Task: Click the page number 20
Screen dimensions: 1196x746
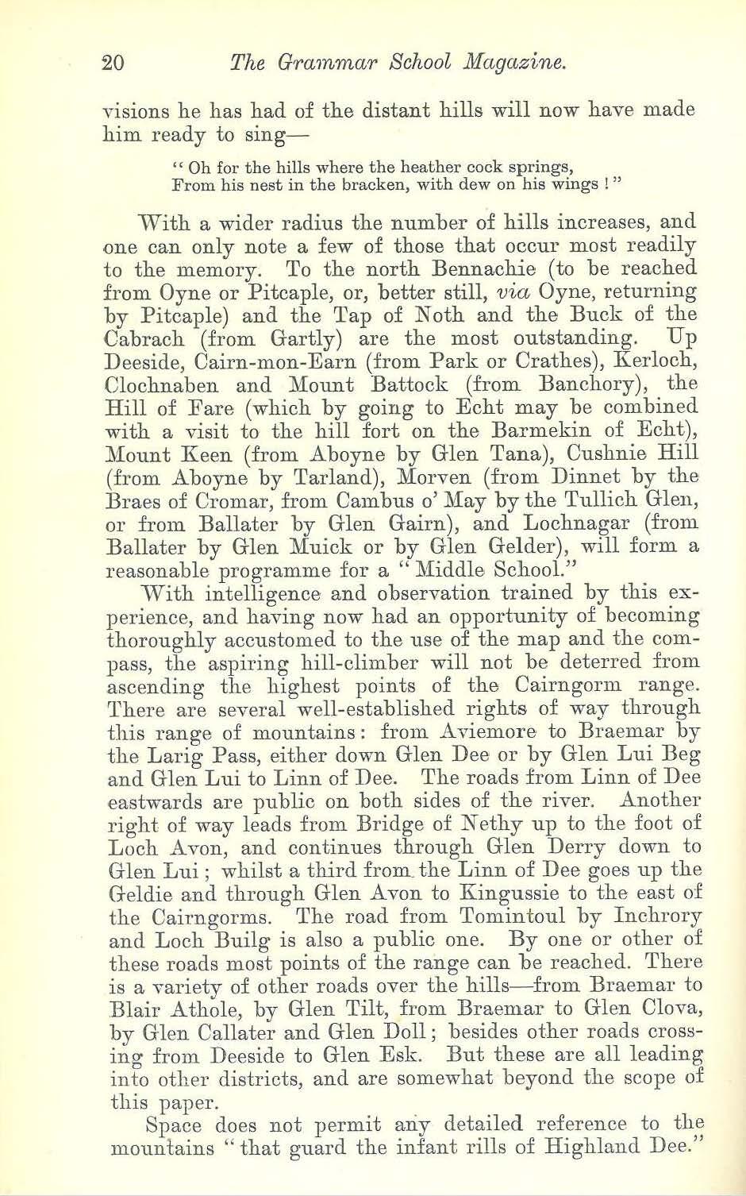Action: pyautogui.click(x=113, y=63)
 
